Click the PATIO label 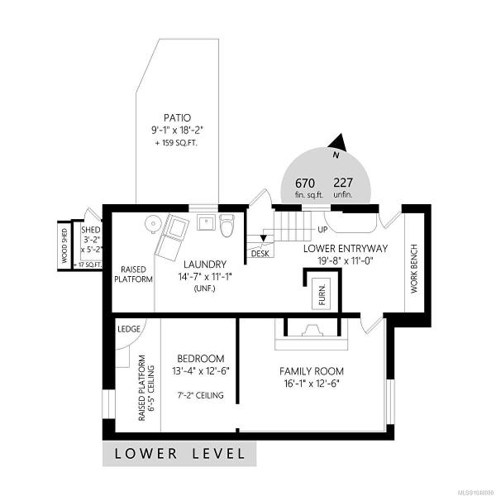(x=177, y=117)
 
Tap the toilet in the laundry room (x=227, y=225)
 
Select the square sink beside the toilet (x=206, y=222)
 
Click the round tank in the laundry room (x=153, y=223)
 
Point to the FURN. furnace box (x=322, y=293)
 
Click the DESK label (x=260, y=254)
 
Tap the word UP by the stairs (x=322, y=229)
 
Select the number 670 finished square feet (x=304, y=184)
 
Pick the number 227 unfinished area (x=343, y=183)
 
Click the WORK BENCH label (x=414, y=269)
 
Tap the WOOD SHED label (x=64, y=246)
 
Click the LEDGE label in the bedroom (x=129, y=329)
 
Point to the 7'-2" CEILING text (x=200, y=395)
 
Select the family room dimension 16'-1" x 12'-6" (x=312, y=384)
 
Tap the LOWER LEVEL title (x=179, y=454)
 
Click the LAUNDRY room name (x=205, y=265)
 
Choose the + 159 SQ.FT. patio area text (x=176, y=143)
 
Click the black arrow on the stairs (x=263, y=238)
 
